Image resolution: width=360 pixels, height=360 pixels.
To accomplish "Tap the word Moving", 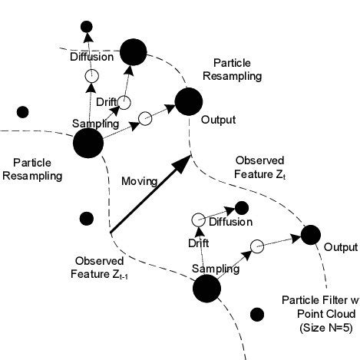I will pyautogui.click(x=139, y=181).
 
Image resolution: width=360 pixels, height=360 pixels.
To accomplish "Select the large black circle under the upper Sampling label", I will pyautogui.click(x=88, y=143).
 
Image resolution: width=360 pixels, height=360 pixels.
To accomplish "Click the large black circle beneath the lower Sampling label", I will pyautogui.click(x=206, y=288).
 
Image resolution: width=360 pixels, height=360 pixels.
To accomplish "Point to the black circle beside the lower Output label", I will pyautogui.click(x=311, y=234).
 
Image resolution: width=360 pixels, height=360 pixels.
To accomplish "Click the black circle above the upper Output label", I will pyautogui.click(x=188, y=100).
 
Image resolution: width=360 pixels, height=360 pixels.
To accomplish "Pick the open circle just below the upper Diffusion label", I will pyautogui.click(x=91, y=75).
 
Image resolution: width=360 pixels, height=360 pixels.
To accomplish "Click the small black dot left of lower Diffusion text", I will pyautogui.click(x=241, y=208).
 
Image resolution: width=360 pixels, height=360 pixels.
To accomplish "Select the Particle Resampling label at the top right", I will pyautogui.click(x=238, y=69).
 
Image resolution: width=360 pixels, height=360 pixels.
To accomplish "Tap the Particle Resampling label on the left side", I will pyautogui.click(x=29, y=170).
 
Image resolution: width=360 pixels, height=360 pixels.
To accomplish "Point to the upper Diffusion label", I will pyautogui.click(x=91, y=57).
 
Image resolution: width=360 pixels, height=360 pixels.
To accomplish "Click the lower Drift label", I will pyautogui.click(x=198, y=243).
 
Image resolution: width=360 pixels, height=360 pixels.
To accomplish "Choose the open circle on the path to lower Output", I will pyautogui.click(x=257, y=246).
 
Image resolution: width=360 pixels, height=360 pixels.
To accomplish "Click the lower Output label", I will pyautogui.click(x=340, y=247).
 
